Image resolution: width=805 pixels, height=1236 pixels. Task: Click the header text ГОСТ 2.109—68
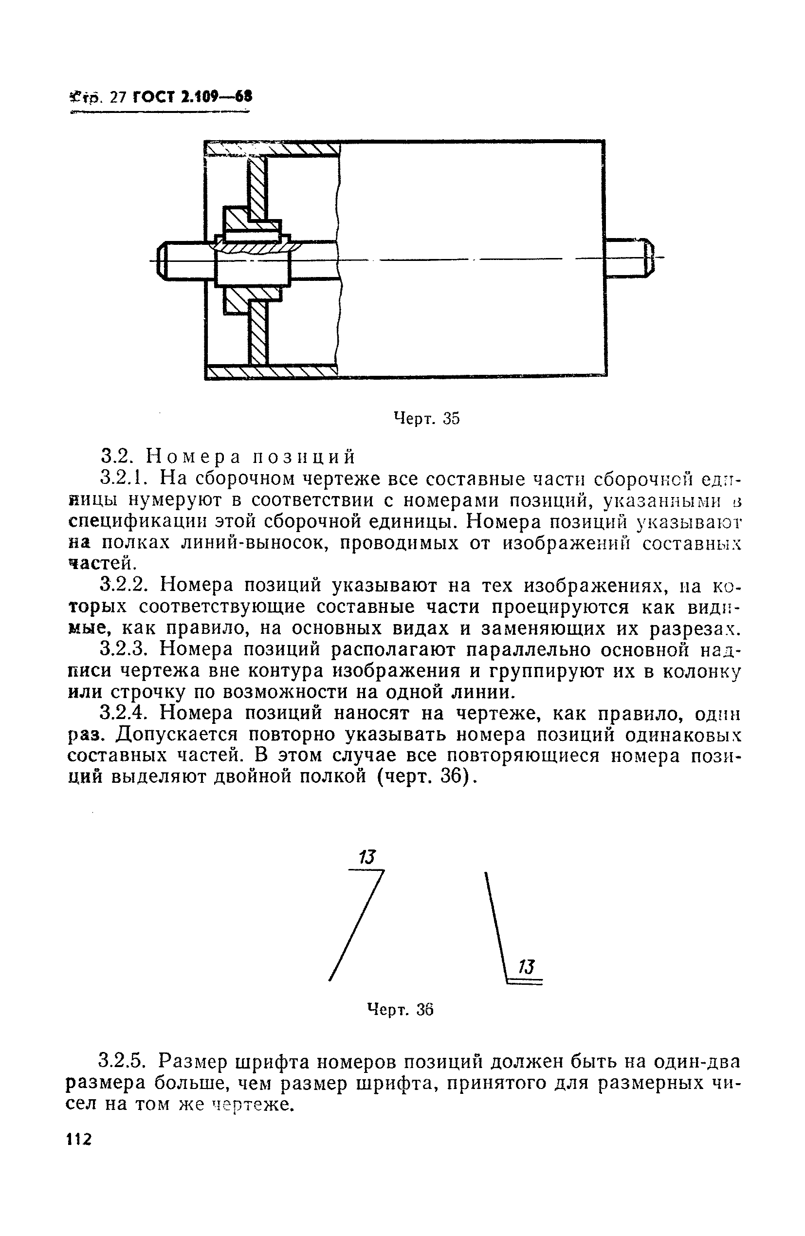[192, 97]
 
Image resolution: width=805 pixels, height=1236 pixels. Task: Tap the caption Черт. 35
[426, 418]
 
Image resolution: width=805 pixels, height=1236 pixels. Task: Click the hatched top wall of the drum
[301, 149]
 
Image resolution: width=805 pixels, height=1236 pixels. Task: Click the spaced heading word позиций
[304, 457]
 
